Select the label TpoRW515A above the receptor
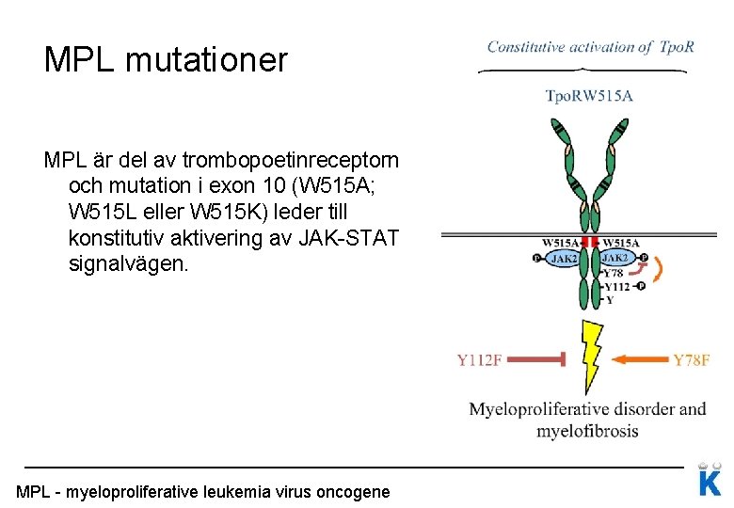(590, 95)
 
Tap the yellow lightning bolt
(591, 356)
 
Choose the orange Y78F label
(692, 359)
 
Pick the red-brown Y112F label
(480, 359)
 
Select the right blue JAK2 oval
(616, 257)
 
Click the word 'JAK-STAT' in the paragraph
(352, 238)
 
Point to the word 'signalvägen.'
(129, 264)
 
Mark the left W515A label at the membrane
(561, 242)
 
